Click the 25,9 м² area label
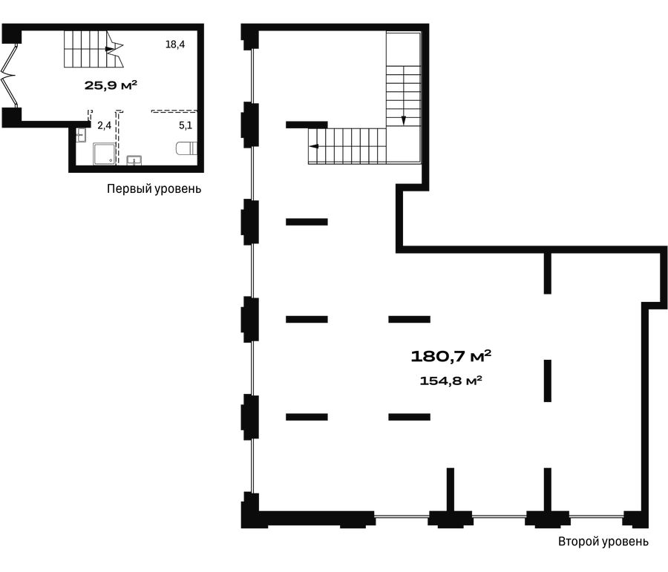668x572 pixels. coord(111,85)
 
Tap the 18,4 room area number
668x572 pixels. coord(175,45)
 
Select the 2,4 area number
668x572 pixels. coord(105,125)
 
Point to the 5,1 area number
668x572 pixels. coord(186,125)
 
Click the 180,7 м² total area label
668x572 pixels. coord(451,355)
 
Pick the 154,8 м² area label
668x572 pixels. coord(451,380)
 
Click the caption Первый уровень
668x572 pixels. coord(154,188)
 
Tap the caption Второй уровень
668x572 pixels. coord(603,542)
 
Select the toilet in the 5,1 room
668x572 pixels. coord(186,148)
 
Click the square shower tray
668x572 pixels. coord(105,154)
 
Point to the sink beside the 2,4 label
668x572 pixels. coord(81,135)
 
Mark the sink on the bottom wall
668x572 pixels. coord(134,160)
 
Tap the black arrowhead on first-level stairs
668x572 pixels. coord(110,49)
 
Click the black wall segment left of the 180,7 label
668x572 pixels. coord(409,319)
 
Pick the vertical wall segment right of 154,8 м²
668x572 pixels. coord(548,381)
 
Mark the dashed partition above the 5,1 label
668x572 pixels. coord(174,111)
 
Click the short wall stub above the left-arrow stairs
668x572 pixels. coord(307,125)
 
